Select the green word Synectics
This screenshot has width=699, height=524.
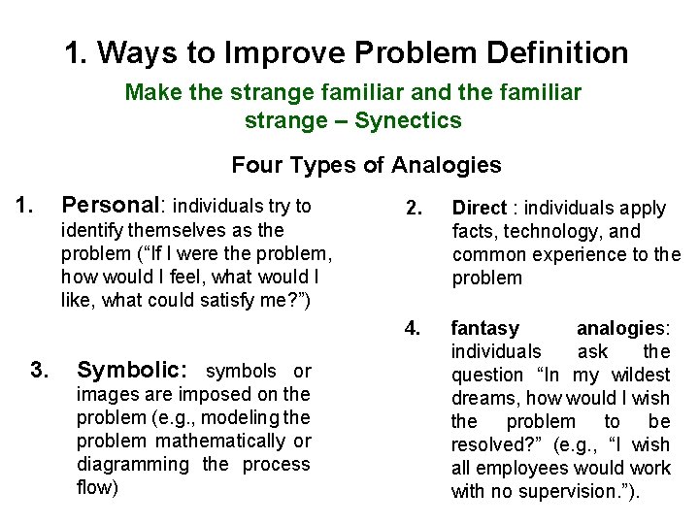(x=409, y=120)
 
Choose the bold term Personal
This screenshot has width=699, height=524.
(x=114, y=206)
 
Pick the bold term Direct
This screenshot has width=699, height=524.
(x=480, y=208)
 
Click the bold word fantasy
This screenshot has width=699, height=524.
(x=485, y=328)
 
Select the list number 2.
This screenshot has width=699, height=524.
(x=412, y=207)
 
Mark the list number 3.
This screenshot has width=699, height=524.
(x=40, y=370)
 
